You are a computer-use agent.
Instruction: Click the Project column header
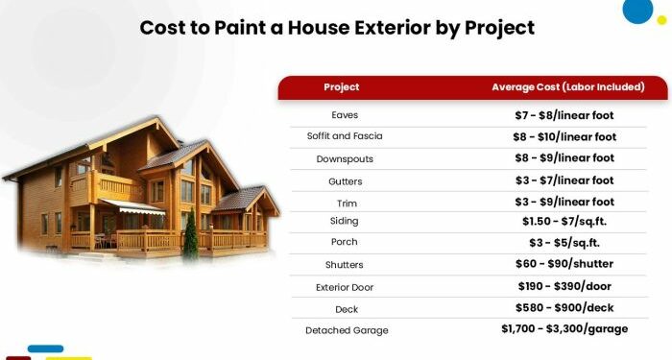(342, 87)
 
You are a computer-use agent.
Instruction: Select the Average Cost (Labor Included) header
(567, 87)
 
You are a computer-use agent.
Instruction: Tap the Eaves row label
(345, 115)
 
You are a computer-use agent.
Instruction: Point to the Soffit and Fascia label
(345, 136)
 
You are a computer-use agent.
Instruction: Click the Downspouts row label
(345, 158)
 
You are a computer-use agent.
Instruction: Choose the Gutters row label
(345, 180)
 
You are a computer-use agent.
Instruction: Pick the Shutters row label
(345, 264)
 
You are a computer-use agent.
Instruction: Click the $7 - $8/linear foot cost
(564, 115)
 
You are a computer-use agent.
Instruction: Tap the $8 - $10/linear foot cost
(564, 136)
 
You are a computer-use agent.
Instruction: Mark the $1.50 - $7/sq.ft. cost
(564, 221)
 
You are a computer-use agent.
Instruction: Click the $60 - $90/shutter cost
(564, 264)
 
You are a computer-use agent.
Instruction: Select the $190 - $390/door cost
(564, 286)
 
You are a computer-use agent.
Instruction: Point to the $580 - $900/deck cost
(564, 308)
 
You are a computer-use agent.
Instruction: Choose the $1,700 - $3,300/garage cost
(564, 329)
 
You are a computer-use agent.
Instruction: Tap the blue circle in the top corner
(636, 10)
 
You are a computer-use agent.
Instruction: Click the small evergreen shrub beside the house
(191, 234)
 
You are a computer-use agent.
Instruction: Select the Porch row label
(345, 242)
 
